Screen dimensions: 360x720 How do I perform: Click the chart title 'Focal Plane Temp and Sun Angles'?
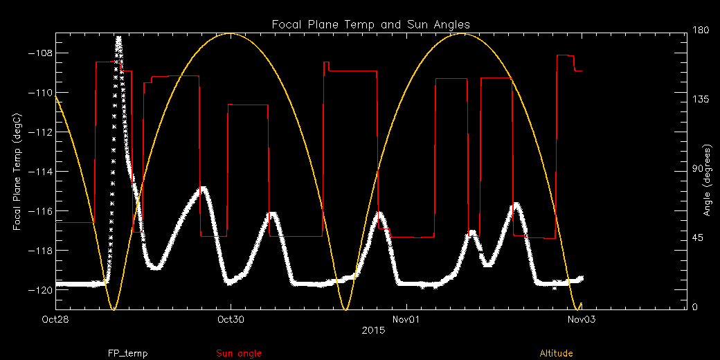coord(371,25)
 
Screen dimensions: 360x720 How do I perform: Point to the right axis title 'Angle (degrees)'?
coord(707,180)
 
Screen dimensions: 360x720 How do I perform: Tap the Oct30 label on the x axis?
coord(230,319)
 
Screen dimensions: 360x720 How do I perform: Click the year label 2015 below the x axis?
coord(371,331)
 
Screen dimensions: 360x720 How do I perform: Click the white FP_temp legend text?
coord(127,354)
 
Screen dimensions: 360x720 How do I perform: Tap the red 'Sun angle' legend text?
coord(239,354)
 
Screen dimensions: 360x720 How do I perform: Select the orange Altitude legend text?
coord(556,354)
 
